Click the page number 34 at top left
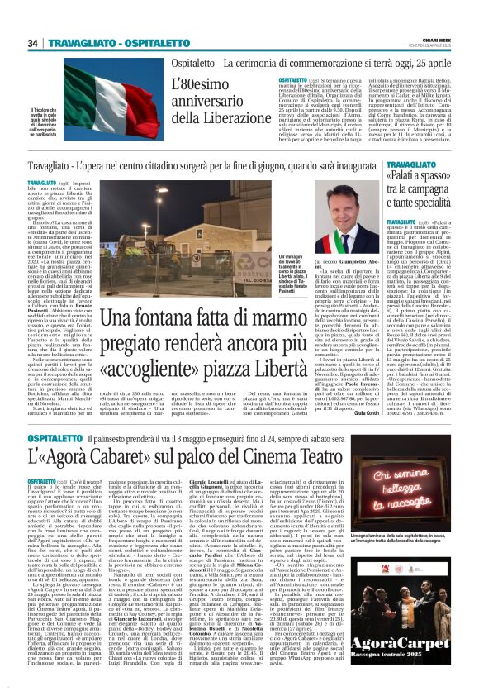point(34,43)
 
